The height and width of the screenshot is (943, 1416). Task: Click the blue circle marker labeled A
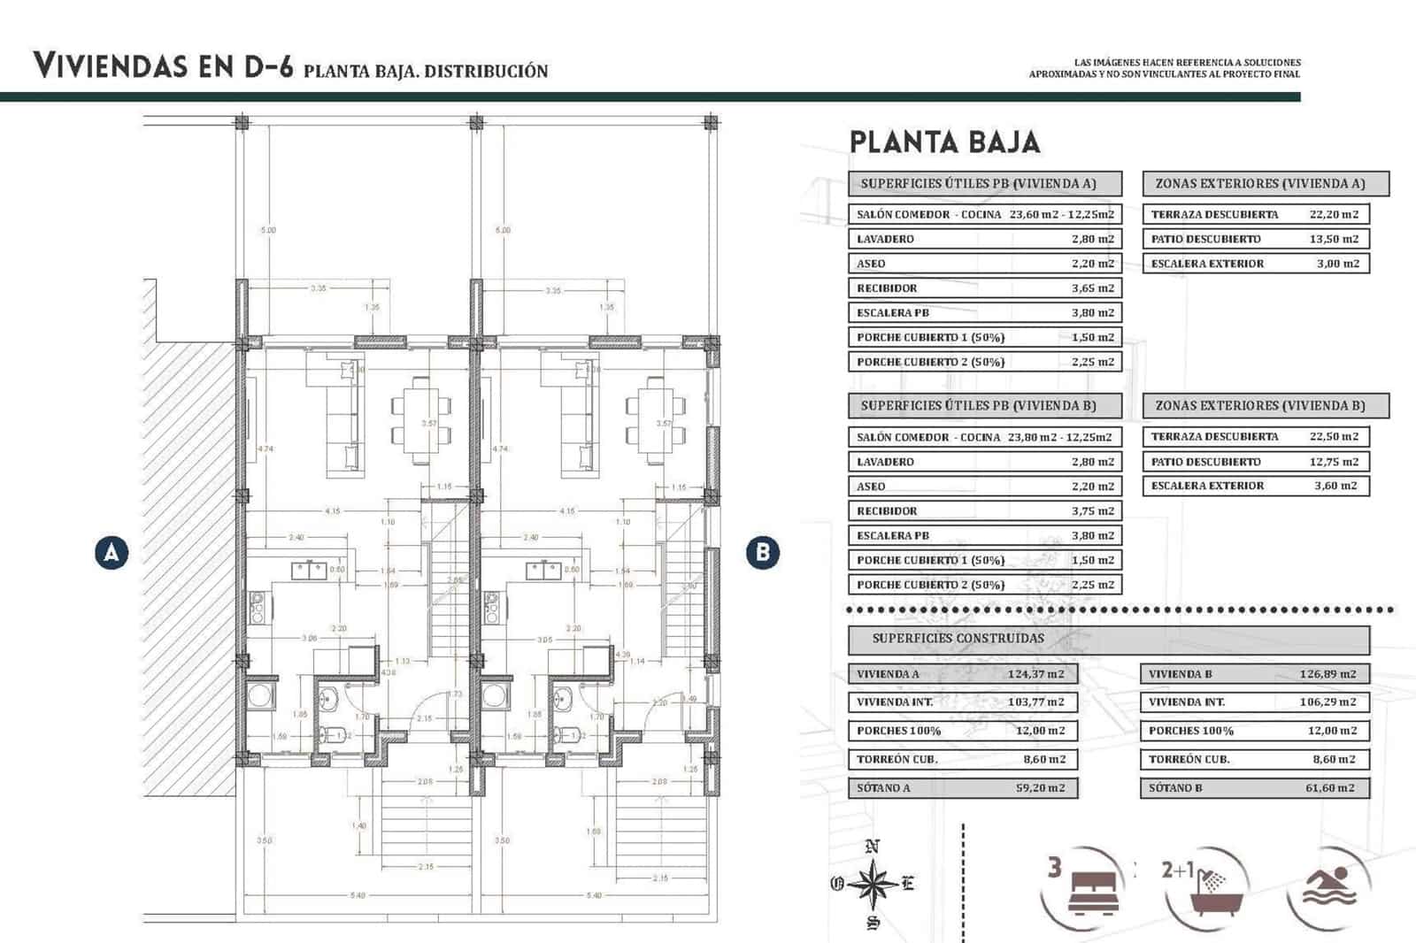pos(112,553)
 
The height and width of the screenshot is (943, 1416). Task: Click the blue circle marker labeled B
pos(763,553)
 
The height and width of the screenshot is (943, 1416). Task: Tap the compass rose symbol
pos(873,884)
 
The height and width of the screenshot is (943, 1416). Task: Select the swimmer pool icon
pos(1329,887)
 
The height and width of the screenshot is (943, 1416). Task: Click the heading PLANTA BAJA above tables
pos(944,142)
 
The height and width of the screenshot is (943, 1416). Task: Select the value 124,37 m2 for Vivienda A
pos(1035,674)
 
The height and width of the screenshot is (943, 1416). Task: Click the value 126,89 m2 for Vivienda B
pos(1327,674)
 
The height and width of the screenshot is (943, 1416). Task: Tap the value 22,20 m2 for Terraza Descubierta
pos(1334,214)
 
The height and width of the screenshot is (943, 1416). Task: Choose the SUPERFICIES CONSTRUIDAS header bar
pos(958,639)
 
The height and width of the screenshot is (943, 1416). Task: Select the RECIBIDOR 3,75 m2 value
pos(1093,511)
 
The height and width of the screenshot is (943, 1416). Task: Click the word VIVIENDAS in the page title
pos(111,66)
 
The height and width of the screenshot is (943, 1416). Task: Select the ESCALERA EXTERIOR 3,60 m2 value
pos(1335,486)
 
